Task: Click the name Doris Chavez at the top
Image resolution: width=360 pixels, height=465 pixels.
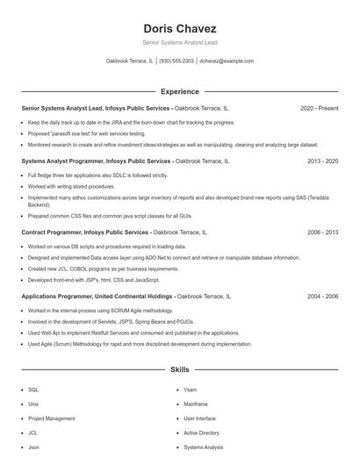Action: coord(179,28)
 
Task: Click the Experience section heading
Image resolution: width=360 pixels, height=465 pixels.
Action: coord(179,91)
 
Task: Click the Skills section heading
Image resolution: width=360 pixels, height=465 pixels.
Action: coord(179,370)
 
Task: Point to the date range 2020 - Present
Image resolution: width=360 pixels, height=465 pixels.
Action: coord(319,108)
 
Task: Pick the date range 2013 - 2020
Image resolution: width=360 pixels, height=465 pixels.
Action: coord(322,161)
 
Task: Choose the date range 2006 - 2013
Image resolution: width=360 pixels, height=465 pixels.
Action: coord(322,232)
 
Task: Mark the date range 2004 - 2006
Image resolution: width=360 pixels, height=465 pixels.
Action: coord(322,297)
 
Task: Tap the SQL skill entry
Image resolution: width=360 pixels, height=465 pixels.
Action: coord(33,389)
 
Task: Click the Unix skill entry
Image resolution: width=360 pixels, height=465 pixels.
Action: coord(33,404)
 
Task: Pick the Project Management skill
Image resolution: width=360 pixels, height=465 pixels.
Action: coord(52,418)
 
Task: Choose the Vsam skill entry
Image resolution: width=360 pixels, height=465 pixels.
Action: coord(191,389)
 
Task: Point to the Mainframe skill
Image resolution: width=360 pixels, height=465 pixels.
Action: coord(196,404)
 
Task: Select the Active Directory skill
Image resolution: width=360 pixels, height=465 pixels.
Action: coord(202,433)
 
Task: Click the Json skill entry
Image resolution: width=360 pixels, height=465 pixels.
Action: coord(33,447)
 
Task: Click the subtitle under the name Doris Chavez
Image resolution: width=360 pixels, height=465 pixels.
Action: coord(179,42)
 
